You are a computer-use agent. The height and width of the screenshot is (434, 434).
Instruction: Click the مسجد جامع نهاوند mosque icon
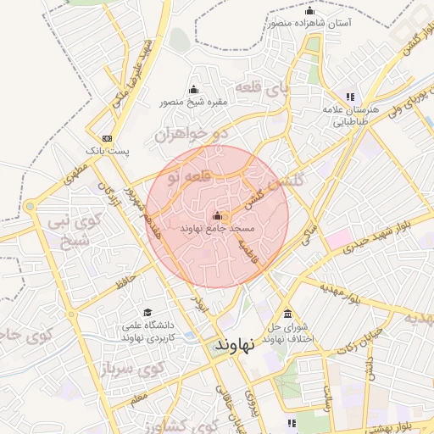[x=217, y=215]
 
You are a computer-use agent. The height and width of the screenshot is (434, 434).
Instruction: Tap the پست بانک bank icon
[x=106, y=138]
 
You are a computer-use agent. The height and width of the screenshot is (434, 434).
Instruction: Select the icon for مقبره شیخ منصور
[x=193, y=89]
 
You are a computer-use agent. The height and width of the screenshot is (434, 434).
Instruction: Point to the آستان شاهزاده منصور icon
[x=309, y=11]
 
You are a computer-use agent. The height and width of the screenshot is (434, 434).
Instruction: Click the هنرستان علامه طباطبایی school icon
[x=349, y=97]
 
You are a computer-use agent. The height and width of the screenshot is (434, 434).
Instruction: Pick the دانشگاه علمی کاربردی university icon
[x=148, y=313]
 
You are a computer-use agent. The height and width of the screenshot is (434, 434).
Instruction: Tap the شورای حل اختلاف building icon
[x=287, y=314]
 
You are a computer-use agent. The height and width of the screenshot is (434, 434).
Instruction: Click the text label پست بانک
[x=111, y=151]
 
